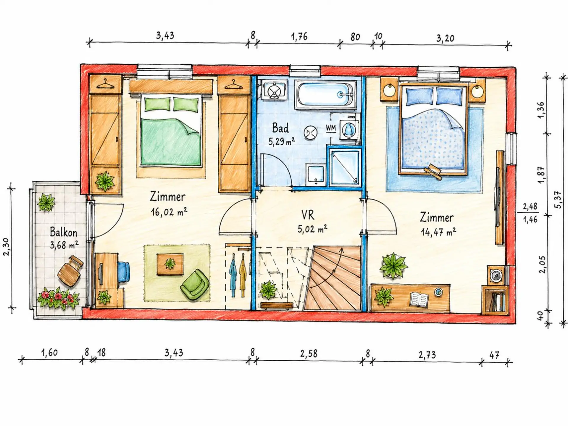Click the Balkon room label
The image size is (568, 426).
point(63,232)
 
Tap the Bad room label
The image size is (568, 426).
point(280,128)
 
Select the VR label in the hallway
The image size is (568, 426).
point(308,215)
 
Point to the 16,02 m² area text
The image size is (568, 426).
point(169,212)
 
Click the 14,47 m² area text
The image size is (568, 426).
point(438,232)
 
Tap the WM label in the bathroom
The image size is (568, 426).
point(331,128)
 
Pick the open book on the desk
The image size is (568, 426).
point(419,299)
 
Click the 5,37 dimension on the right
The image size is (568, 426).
point(558,200)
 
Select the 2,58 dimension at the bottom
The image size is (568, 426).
point(309,354)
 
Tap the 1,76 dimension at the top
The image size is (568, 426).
point(299,37)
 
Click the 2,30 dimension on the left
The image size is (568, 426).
point(7,246)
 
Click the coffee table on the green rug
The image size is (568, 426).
point(170,264)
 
